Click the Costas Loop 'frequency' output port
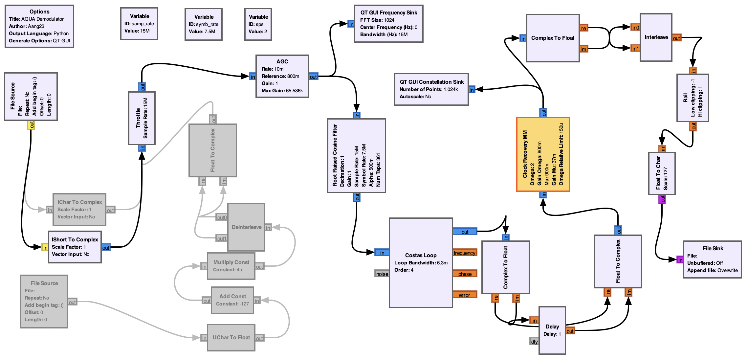pos(464,253)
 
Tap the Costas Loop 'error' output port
pos(464,295)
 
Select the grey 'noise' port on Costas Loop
pos(382,274)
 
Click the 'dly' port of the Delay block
pos(534,342)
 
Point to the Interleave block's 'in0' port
pos(635,28)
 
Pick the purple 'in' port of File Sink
pos(680,260)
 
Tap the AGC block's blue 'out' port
pos(313,77)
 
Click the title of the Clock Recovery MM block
pos(525,154)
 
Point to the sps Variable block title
pos(258,17)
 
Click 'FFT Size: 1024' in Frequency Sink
pos(377,20)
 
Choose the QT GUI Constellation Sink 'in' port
pos(472,90)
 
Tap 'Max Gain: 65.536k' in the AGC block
pos(282,91)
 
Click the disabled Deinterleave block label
pos(246,227)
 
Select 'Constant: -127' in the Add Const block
pos(232,304)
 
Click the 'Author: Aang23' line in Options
pos(27,26)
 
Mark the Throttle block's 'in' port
pos(142,148)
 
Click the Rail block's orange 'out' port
pos(693,126)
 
